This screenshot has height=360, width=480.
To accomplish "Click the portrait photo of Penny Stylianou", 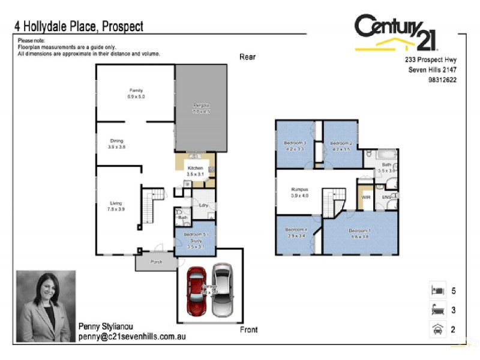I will (46, 306).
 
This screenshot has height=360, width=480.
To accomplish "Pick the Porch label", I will (156, 262).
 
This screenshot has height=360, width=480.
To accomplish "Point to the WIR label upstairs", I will (365, 196).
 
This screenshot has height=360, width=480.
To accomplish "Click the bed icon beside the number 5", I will (436, 290).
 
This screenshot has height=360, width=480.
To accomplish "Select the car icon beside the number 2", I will (436, 329).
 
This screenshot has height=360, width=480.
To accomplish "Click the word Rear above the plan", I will (247, 57).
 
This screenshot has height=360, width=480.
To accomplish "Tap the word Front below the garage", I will (248, 329).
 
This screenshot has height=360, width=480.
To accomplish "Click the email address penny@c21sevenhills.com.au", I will (131, 337).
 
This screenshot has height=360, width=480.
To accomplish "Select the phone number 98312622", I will (442, 80).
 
